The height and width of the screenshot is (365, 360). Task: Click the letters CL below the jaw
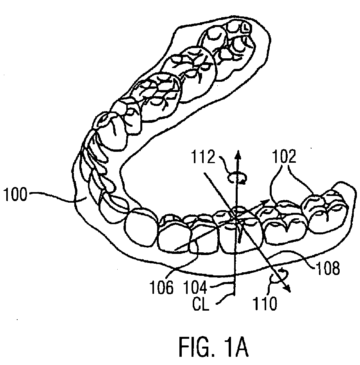(x=201, y=303)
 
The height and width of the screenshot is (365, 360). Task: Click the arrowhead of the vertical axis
(x=237, y=153)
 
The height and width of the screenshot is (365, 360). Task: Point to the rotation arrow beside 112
(x=237, y=179)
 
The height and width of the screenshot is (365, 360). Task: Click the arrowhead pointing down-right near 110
(x=290, y=290)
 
